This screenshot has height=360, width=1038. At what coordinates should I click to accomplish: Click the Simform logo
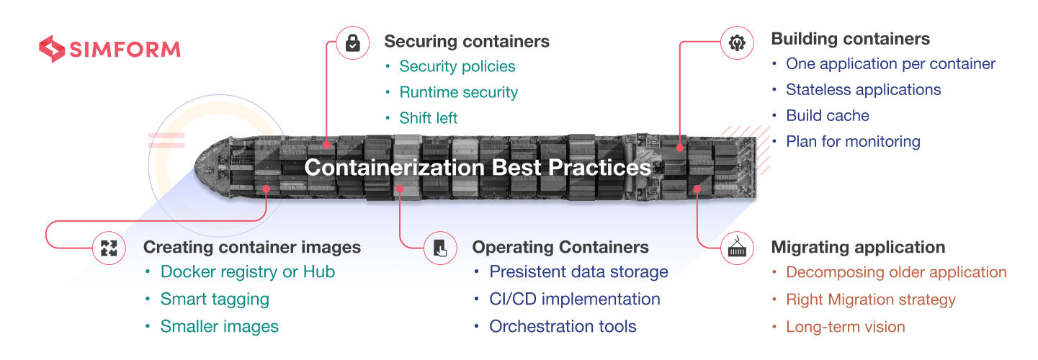(109, 49)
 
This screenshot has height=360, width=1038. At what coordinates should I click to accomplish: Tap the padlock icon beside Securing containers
(353, 43)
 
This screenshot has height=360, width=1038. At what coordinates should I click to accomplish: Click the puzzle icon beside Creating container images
(109, 248)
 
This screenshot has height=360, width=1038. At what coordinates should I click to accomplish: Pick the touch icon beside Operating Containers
(439, 248)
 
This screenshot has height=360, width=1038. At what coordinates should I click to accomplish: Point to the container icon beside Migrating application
(738, 248)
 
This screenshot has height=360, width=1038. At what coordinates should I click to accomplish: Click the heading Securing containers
(467, 41)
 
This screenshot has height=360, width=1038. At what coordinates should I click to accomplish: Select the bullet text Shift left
(429, 118)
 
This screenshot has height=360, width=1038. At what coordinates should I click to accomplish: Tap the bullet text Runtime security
(459, 92)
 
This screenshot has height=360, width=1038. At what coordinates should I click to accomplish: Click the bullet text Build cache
(828, 115)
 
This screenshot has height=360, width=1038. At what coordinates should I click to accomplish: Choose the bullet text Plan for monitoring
(853, 141)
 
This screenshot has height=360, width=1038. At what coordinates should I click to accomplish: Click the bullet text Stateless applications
(863, 89)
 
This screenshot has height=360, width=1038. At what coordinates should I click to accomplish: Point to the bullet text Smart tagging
(215, 299)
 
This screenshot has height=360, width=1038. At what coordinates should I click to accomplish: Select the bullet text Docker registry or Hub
(248, 271)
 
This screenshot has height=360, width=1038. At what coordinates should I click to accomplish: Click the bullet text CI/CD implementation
(575, 299)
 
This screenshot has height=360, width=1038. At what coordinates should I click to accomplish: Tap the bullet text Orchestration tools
(563, 326)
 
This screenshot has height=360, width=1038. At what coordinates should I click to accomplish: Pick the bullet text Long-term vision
(845, 327)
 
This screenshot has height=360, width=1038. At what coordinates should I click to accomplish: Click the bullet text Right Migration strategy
(870, 300)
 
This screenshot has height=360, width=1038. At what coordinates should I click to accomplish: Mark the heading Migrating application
(858, 247)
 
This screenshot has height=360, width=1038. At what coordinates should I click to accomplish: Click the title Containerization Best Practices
(478, 168)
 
